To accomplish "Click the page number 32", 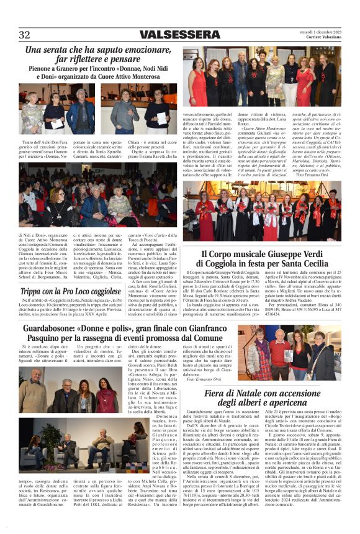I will (x=25, y=35).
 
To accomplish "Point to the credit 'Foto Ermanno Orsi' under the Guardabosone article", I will (x=213, y=379).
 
